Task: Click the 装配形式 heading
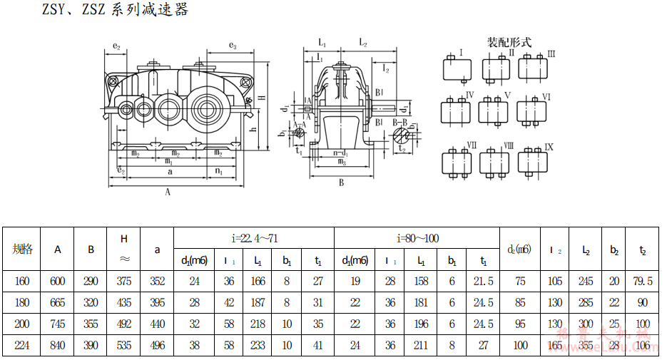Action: pyautogui.click(x=509, y=42)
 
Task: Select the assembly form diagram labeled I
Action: pyautogui.click(x=458, y=68)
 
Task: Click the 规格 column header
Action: pyautogui.click(x=22, y=250)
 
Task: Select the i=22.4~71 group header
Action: pyautogui.click(x=253, y=238)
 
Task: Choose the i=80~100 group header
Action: pyautogui.click(x=417, y=238)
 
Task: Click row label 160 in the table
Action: pyautogui.click(x=22, y=282)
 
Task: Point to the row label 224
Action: pyautogui.click(x=22, y=346)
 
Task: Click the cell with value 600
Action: pyautogui.click(x=58, y=282)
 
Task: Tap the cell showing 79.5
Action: pyautogui.click(x=642, y=282)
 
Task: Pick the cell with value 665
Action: pyautogui.click(x=58, y=303)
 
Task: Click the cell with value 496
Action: pyautogui.click(x=158, y=346)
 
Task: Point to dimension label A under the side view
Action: pyautogui.click(x=168, y=192)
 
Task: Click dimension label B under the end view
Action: pyautogui.click(x=342, y=183)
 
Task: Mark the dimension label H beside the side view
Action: pyautogui.click(x=262, y=98)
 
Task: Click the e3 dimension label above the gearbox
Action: pyautogui.click(x=233, y=46)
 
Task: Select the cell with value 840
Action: pyautogui.click(x=58, y=346)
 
